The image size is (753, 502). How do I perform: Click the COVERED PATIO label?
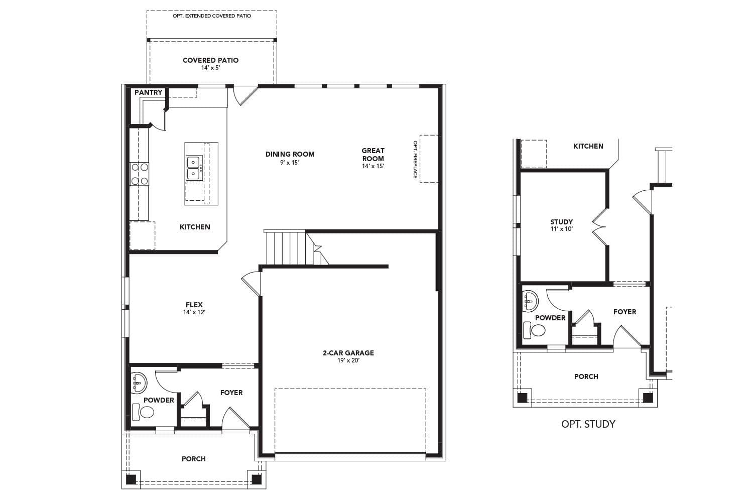[210, 60]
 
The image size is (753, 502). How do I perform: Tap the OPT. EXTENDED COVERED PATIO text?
[212, 16]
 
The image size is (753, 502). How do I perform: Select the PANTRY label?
[148, 92]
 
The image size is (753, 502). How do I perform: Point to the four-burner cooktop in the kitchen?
[140, 174]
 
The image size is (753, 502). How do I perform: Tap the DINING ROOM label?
[290, 154]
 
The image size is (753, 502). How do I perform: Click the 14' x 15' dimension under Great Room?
[372, 166]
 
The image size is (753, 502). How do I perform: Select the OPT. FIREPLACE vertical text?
[415, 159]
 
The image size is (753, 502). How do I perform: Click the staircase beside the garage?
[285, 247]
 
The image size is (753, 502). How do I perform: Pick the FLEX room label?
[194, 305]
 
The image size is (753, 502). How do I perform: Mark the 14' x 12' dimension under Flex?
[194, 312]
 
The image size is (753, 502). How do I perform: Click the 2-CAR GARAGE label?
[348, 353]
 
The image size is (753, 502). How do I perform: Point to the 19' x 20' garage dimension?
[348, 360]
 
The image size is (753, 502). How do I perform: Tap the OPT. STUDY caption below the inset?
[588, 424]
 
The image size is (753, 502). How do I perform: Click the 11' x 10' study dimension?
[561, 229]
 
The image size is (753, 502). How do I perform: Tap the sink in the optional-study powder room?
[530, 300]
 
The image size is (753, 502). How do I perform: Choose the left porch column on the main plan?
[131, 479]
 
